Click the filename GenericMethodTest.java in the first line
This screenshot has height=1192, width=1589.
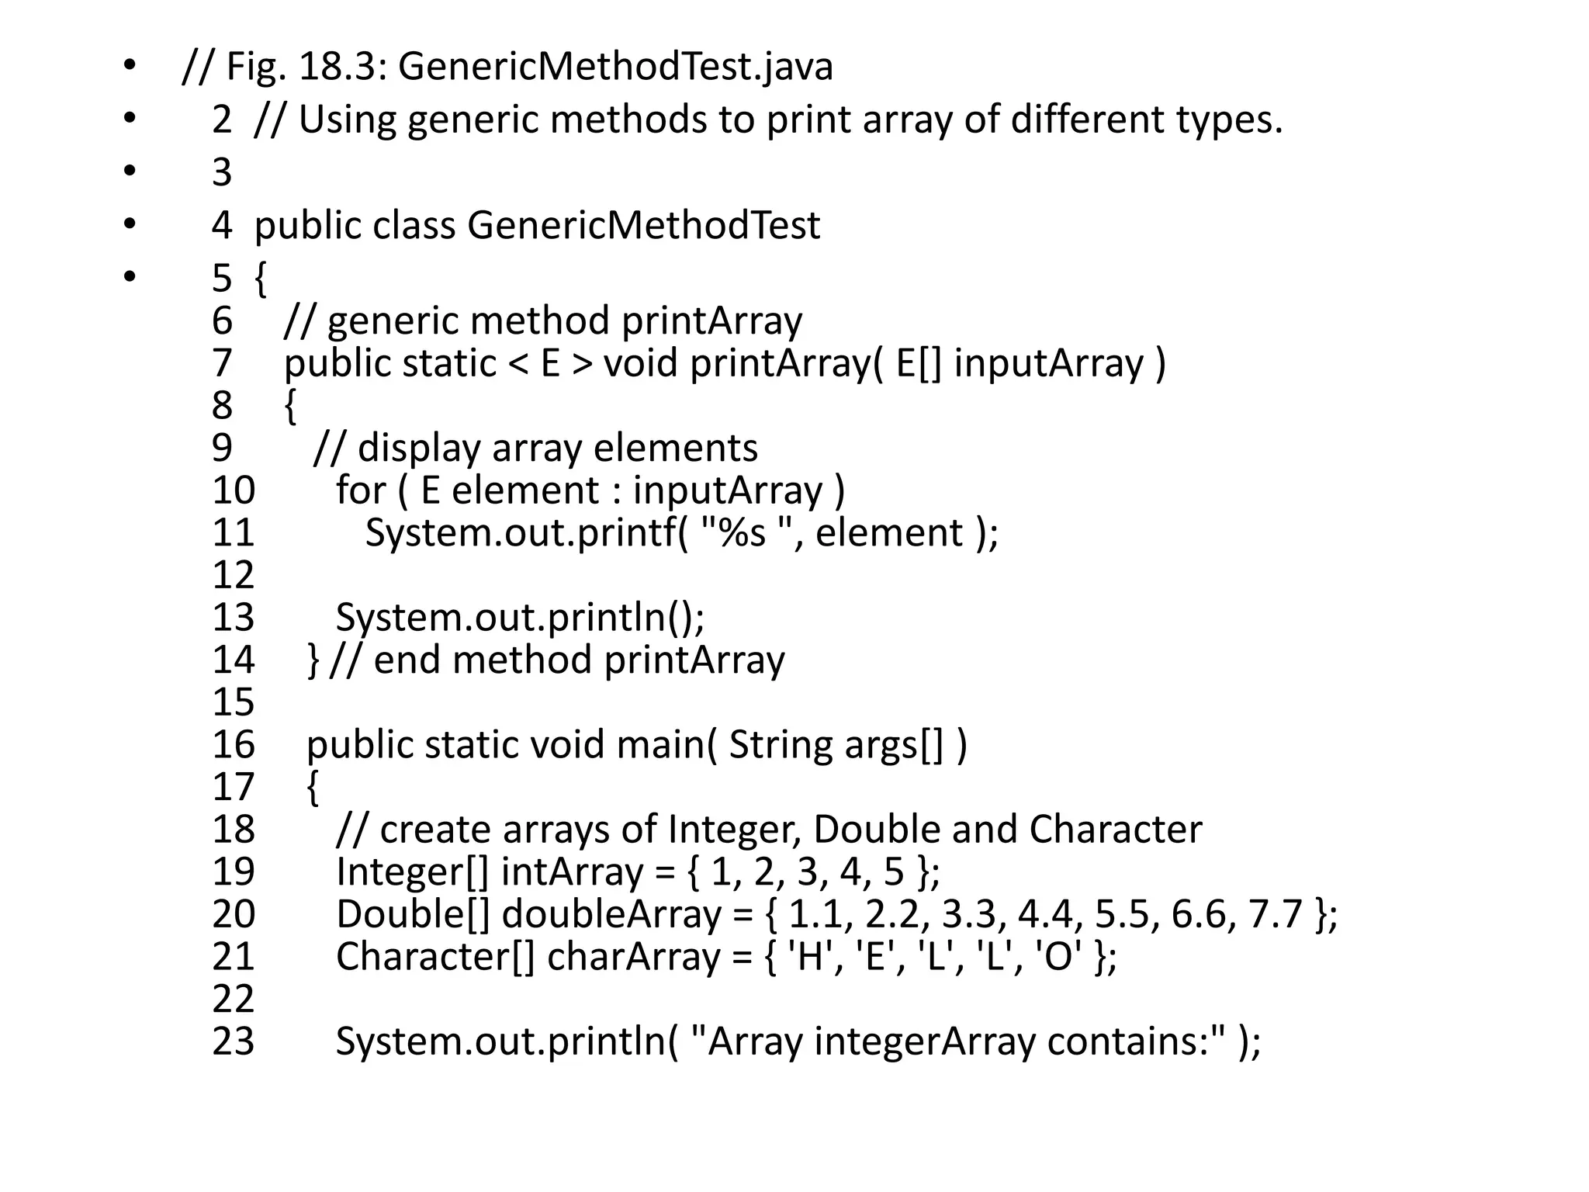click(x=615, y=67)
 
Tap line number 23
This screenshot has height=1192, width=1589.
click(x=233, y=1041)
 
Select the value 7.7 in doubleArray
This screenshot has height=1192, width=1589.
click(x=1275, y=914)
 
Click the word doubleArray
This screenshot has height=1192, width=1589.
click(x=611, y=914)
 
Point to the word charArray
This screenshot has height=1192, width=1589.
click(x=633, y=957)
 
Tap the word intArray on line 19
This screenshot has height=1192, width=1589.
click(x=572, y=872)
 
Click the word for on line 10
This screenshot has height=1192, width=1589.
click(x=360, y=490)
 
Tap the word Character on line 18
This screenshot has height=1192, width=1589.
click(x=1115, y=830)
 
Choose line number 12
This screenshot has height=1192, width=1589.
click(x=233, y=575)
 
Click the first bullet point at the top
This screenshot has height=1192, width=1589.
click(x=129, y=65)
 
